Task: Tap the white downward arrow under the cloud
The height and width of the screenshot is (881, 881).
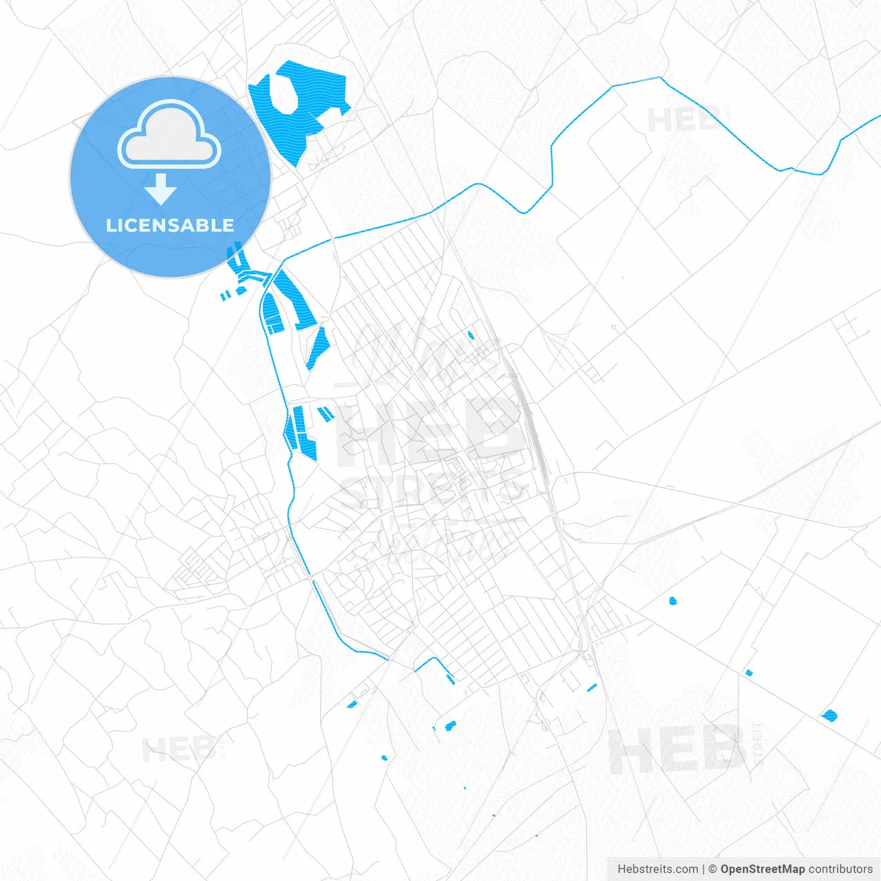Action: tap(161, 189)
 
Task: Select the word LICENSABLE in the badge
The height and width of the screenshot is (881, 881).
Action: tap(170, 225)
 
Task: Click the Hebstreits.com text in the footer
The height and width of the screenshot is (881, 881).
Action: tap(657, 869)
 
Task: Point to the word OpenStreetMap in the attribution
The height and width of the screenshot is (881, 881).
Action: tap(762, 869)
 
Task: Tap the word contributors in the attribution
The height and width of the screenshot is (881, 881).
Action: tap(840, 869)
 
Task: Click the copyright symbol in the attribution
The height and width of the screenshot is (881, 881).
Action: tap(712, 869)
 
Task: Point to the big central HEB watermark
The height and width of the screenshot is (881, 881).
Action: tap(427, 430)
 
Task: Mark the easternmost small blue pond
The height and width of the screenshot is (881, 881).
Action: tap(829, 716)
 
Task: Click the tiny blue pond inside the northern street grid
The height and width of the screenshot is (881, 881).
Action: tap(471, 336)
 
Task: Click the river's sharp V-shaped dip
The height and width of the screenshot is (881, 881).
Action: tap(524, 211)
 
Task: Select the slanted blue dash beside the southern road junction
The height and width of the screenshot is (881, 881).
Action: tap(591, 687)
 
